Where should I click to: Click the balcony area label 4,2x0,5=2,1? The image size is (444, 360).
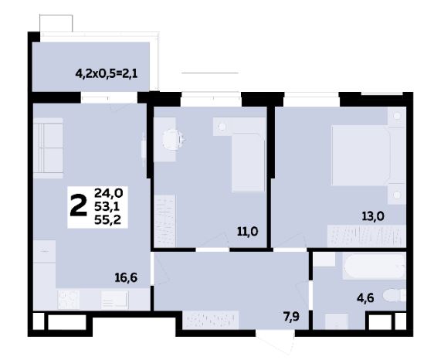[x=107, y=74]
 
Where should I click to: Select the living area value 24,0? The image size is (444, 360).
[x=108, y=193]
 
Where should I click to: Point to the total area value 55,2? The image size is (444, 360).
[x=107, y=220]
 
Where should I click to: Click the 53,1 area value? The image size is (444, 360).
[x=107, y=207]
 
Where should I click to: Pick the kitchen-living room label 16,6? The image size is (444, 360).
[x=126, y=278]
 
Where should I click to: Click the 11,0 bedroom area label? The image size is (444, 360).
[x=248, y=232]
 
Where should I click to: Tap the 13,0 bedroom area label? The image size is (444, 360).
[x=373, y=216]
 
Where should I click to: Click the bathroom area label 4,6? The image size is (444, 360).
[x=365, y=298]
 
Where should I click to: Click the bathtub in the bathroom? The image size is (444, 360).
[x=375, y=267]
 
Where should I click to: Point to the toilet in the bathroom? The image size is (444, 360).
[x=395, y=296]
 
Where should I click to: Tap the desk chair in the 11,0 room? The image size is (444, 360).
[x=173, y=139]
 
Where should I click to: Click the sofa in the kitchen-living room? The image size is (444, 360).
[x=48, y=148]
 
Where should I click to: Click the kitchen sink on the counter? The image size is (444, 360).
[x=114, y=301]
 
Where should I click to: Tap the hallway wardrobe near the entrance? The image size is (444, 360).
[x=211, y=320]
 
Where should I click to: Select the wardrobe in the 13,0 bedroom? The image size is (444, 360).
[x=367, y=236]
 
